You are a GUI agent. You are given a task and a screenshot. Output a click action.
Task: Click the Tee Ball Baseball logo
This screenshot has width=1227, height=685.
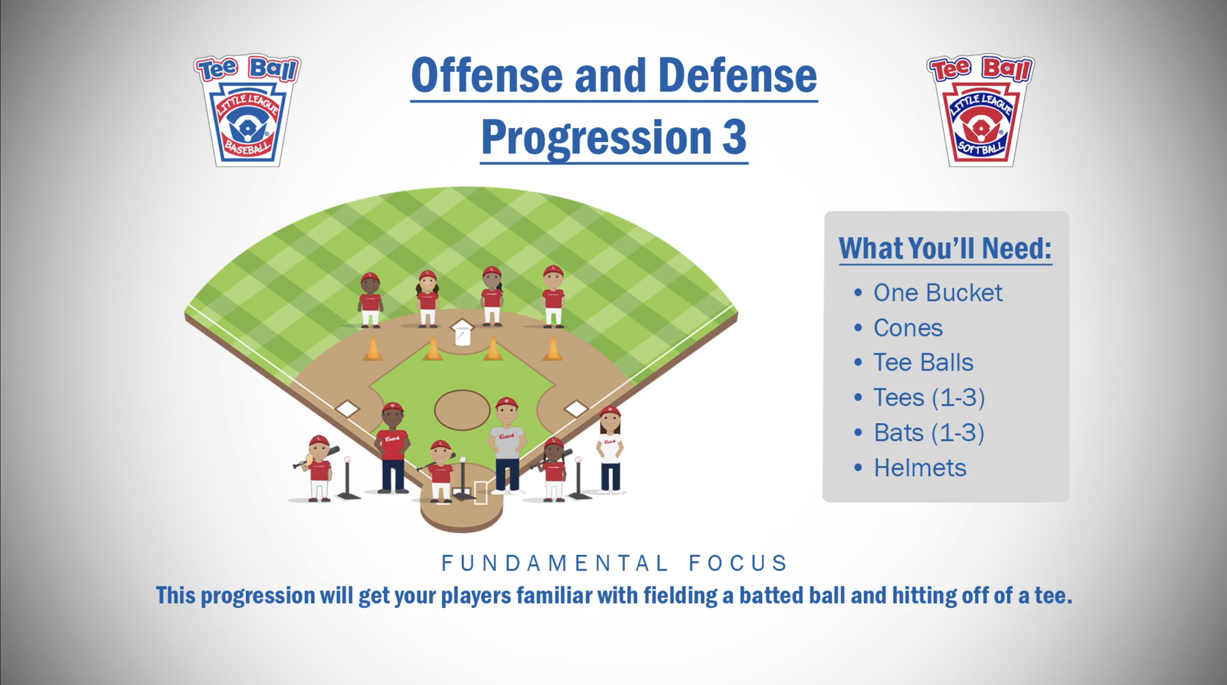[x=247, y=110]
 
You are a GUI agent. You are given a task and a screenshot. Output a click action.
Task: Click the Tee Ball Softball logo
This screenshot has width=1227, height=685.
[x=980, y=110]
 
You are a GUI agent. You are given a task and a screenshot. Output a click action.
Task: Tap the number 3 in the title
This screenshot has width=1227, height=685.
[x=734, y=137]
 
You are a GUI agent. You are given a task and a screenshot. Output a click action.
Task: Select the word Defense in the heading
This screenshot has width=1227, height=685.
[x=737, y=75]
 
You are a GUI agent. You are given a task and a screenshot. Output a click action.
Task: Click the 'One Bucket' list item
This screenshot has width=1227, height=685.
[x=937, y=293]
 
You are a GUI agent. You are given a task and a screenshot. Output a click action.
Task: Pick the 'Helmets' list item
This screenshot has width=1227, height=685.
[x=920, y=468]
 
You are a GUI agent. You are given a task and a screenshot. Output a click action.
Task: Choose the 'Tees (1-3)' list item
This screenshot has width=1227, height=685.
[x=929, y=398]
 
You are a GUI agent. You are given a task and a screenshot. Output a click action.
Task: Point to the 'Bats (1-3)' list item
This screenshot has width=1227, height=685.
[x=929, y=433]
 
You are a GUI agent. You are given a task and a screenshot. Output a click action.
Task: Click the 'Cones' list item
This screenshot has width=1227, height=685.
[x=908, y=328]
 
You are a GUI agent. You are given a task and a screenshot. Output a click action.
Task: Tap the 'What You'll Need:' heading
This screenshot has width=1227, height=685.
[x=945, y=248]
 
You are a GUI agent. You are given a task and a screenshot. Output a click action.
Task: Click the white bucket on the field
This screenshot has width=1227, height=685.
[x=462, y=333]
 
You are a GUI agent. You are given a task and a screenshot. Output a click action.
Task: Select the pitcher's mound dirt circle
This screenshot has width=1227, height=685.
[x=462, y=410]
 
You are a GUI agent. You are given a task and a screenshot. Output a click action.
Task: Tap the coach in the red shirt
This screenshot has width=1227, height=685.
[x=392, y=448]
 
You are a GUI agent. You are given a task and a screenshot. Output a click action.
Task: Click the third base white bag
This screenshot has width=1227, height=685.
[x=347, y=408]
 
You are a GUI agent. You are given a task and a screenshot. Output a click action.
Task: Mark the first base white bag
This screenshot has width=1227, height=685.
[x=575, y=408]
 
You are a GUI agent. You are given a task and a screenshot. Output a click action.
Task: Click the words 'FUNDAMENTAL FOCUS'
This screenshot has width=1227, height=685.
[x=614, y=563]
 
